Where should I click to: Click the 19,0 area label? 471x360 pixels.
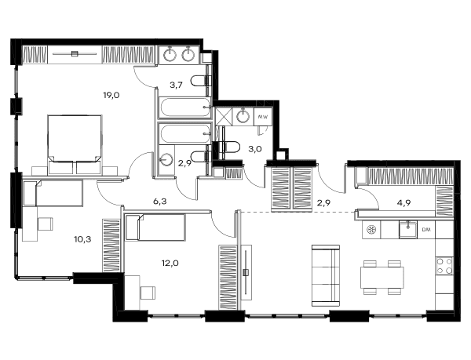(111, 96)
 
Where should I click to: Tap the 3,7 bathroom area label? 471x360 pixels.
(177, 85)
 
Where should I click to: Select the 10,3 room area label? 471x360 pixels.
(82, 239)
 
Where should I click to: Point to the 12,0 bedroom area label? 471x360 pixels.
(170, 264)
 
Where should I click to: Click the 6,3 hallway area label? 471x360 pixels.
(160, 202)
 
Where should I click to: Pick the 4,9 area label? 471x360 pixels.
(404, 203)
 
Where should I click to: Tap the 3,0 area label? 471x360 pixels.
(255, 149)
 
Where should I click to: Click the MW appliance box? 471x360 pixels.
(263, 116)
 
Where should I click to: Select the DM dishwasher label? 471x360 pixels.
(426, 230)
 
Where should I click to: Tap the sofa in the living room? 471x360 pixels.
(326, 275)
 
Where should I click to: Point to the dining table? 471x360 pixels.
(382, 278)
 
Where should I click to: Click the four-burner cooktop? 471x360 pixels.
(444, 266)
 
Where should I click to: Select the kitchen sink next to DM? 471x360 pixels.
(408, 230)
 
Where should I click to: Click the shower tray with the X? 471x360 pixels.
(224, 116)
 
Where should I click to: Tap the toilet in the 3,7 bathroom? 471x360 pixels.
(199, 81)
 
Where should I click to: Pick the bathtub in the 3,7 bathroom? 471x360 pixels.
(185, 107)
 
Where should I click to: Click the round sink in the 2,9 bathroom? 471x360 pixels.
(166, 160)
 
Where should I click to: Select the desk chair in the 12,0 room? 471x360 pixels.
(148, 293)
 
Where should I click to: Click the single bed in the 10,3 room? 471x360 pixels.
(53, 193)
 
